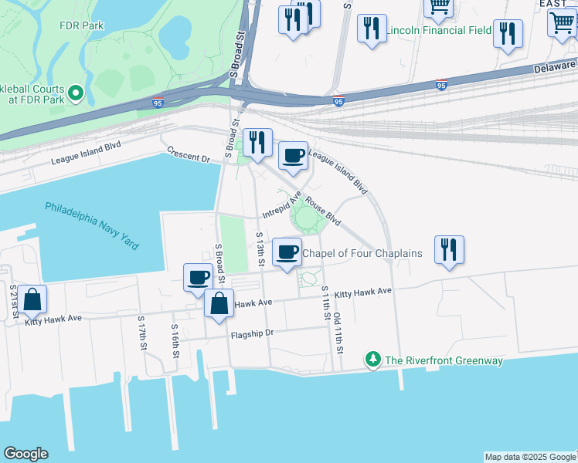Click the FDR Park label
(x=81, y=25)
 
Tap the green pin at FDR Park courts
(x=76, y=94)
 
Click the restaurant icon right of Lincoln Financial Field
(x=508, y=33)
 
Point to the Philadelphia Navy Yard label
(x=92, y=225)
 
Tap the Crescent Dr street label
(x=189, y=157)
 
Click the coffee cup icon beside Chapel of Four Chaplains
(x=287, y=252)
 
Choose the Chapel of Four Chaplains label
(x=362, y=253)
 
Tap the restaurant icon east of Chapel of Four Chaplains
(x=449, y=249)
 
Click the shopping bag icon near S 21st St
(x=32, y=299)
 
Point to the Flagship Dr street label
(x=252, y=335)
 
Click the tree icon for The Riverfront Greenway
(x=373, y=360)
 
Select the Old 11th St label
(x=338, y=333)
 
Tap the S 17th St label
(x=142, y=333)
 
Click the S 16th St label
(x=175, y=337)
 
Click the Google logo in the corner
(x=25, y=454)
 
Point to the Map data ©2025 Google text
(x=530, y=457)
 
